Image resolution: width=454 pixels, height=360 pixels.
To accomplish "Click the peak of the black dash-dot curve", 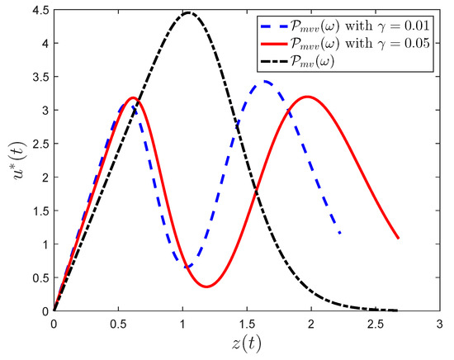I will [x=189, y=12].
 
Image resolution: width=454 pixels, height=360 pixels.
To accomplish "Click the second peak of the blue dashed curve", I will [x=265, y=81].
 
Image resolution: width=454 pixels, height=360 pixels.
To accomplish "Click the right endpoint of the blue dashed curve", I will [x=339, y=233].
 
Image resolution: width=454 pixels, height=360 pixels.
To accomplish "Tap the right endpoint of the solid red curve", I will [x=399, y=238].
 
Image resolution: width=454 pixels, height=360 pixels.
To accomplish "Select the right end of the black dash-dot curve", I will [x=398, y=310].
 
